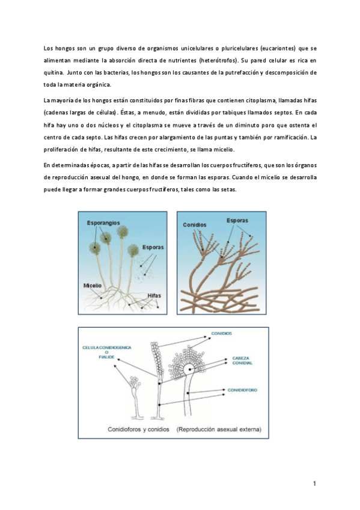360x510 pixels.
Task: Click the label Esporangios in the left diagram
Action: (103, 223)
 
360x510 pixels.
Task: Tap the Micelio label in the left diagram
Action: (93, 286)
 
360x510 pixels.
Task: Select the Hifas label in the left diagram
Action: (154, 296)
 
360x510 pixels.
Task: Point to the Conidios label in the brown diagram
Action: (194, 225)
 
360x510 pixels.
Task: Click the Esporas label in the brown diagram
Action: (237, 221)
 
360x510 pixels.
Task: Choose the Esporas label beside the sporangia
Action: (153, 247)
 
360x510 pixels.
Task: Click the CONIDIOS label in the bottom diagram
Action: (222, 333)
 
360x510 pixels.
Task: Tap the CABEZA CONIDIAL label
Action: (242, 361)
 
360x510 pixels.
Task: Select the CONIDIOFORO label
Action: (242, 390)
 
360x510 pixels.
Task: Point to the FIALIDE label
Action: (106, 357)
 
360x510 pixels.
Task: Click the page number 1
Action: (314, 484)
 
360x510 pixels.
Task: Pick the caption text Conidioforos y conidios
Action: (138, 429)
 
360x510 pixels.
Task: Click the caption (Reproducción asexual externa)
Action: (219, 429)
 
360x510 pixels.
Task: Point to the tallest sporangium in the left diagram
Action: (123, 232)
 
